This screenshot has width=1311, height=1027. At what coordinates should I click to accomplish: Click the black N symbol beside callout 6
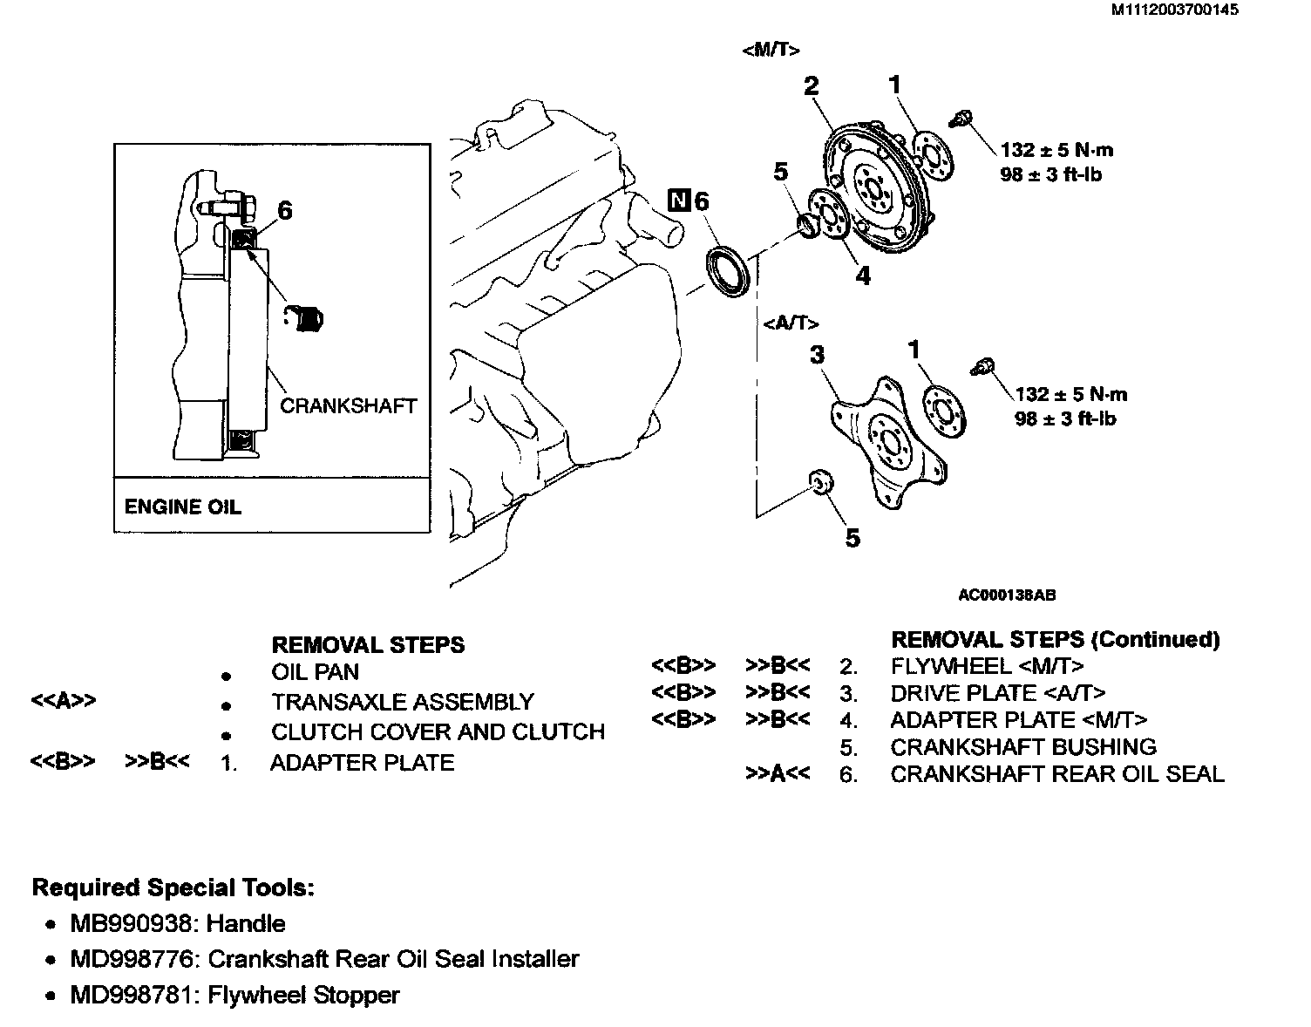tap(679, 201)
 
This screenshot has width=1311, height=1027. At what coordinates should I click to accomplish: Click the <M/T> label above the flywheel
tap(771, 50)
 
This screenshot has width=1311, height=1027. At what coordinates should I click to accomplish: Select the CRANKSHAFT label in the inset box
tap(348, 405)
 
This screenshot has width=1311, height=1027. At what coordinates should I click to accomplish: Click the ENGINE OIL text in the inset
tap(182, 507)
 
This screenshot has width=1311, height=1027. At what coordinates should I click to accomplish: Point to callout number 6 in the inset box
tap(284, 210)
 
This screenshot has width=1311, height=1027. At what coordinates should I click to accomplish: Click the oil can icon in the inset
tap(305, 318)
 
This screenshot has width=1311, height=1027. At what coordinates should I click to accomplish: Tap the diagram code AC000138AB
tap(1007, 595)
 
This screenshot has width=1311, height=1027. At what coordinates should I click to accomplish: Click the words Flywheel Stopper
tap(303, 995)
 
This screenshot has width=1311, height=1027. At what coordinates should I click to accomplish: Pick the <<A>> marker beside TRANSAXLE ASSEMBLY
tap(63, 701)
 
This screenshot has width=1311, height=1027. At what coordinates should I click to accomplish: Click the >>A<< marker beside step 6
tap(778, 773)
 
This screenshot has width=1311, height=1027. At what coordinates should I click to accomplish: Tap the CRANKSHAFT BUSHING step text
tap(1023, 747)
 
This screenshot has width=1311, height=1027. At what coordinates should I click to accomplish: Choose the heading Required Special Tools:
tap(173, 888)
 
